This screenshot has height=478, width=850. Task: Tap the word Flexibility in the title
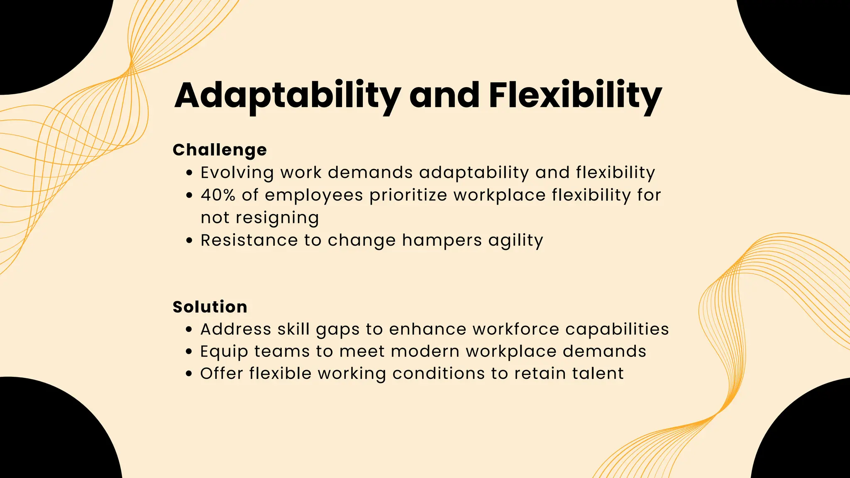[575, 95]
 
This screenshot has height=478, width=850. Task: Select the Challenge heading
[220, 150]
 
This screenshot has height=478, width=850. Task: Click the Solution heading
[210, 307]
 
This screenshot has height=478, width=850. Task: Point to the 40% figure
[218, 195]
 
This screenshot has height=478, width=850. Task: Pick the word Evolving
[237, 173]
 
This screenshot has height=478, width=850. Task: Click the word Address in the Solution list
[236, 329]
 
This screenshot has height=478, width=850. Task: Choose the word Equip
[224, 352]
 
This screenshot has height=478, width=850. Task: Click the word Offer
[222, 373]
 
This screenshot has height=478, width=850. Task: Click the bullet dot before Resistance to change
[189, 241]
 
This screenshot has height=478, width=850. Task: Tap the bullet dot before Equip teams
[189, 352]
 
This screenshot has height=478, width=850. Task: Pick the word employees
[314, 195]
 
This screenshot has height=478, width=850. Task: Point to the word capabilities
[617, 329]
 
